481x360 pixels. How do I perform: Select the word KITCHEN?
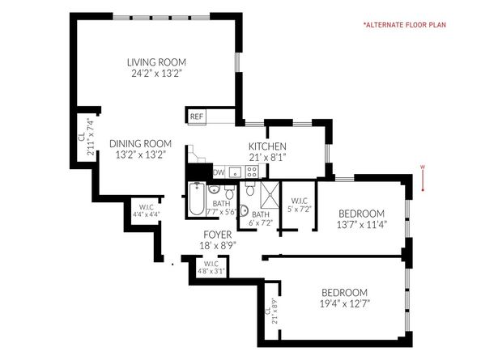click(x=267, y=146)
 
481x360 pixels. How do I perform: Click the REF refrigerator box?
click(x=196, y=116)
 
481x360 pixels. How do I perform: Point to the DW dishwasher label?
click(x=219, y=172)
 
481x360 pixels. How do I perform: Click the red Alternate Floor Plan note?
click(x=415, y=25)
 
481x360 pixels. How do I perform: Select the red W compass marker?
click(x=422, y=168)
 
